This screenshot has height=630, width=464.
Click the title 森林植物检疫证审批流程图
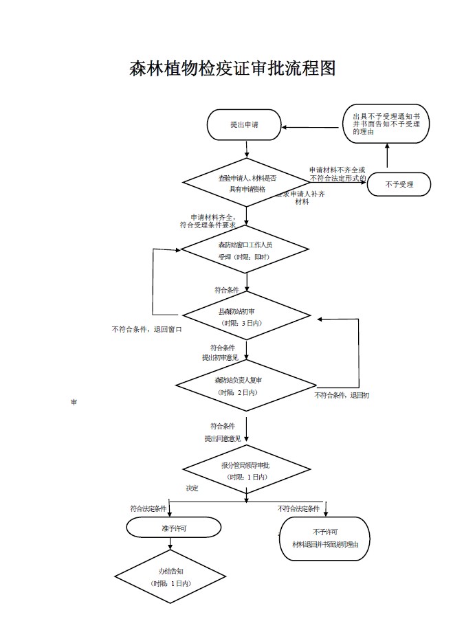tap(232, 69)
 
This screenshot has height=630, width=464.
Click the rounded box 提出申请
tap(244, 125)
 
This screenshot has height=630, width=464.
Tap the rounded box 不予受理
tap(399, 184)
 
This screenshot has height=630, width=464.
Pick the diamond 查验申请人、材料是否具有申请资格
tap(247, 183)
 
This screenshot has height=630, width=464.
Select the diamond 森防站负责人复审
tap(247, 385)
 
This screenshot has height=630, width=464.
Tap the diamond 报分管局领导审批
tap(247, 471)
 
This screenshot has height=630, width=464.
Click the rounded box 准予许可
tap(174, 528)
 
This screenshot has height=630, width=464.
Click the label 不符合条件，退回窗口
tap(146, 329)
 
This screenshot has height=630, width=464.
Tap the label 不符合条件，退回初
tap(342, 395)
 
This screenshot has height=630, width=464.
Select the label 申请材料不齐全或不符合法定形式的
tap(337, 174)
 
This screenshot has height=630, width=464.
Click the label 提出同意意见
tap(222, 438)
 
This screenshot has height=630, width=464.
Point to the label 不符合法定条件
tap(298, 508)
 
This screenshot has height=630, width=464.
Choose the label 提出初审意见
tap(220, 357)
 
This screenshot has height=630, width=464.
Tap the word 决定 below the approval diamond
tap(192, 488)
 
